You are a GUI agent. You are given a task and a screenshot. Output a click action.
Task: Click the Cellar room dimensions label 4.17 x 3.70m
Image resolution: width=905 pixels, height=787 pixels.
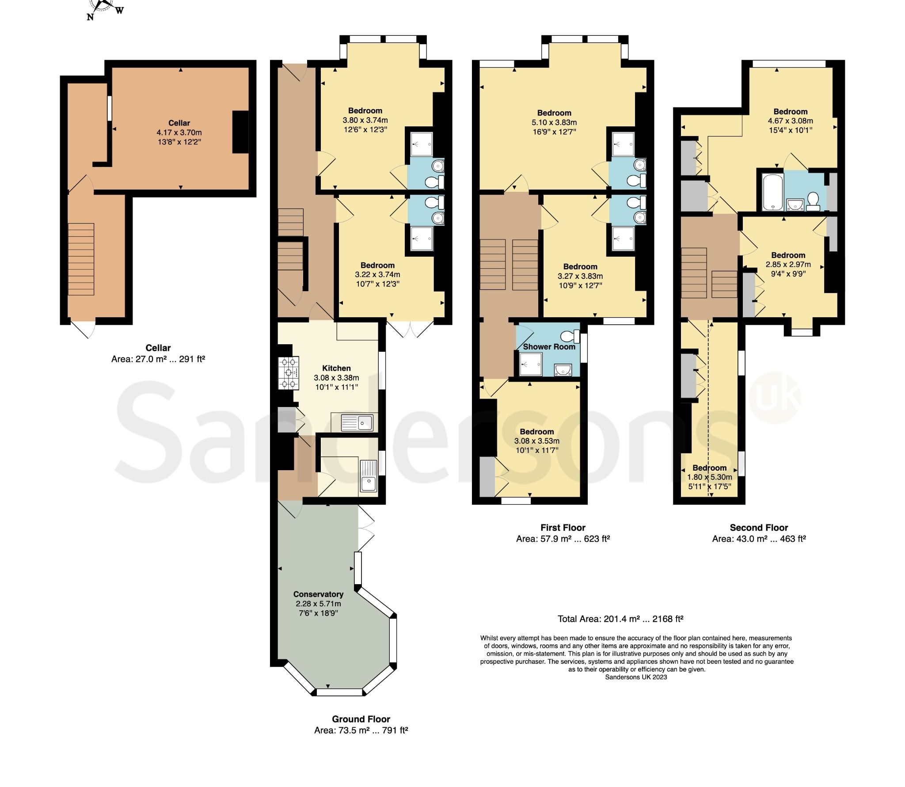click(x=179, y=133)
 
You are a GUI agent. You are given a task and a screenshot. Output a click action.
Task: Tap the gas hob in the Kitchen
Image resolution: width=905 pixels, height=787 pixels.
click(x=288, y=373)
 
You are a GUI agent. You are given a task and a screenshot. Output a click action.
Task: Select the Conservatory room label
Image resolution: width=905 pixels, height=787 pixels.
click(x=318, y=594)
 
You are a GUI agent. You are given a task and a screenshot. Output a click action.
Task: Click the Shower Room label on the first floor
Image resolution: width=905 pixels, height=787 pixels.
click(x=549, y=347)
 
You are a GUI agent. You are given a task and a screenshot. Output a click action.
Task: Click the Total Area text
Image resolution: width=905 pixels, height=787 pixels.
click(x=620, y=619)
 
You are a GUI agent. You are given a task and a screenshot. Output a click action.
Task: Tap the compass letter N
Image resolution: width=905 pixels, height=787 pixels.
click(x=90, y=17)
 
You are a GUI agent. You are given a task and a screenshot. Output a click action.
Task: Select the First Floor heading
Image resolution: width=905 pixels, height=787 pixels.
click(x=563, y=528)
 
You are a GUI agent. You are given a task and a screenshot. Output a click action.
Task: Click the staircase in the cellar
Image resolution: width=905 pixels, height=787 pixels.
click(x=81, y=259)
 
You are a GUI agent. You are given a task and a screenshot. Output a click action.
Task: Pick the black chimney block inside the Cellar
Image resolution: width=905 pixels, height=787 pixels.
click(x=240, y=132)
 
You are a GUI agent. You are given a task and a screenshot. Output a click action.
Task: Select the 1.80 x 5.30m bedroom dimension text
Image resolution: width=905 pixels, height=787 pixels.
click(x=710, y=477)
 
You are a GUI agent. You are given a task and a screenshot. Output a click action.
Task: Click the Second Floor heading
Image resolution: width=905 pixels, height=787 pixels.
click(x=759, y=528)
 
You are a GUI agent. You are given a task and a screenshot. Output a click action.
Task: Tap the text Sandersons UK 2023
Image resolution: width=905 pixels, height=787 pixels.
click(x=636, y=677)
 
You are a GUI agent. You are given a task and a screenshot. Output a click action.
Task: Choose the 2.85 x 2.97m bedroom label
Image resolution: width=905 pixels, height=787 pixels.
click(x=788, y=265)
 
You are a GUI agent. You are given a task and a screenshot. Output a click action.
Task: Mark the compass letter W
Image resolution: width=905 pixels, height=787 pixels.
click(x=119, y=11)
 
